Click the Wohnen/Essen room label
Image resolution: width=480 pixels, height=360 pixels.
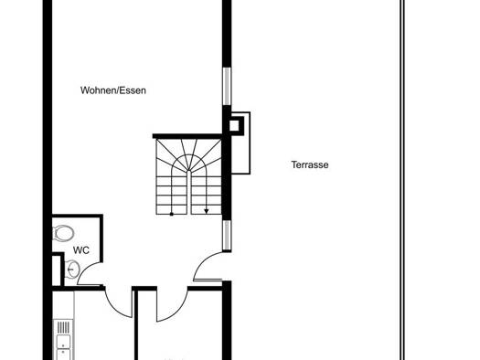(x=113, y=90)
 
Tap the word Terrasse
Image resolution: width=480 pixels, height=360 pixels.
(x=310, y=164)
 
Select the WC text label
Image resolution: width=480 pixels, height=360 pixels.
(x=81, y=250)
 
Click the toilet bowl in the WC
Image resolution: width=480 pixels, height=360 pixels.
(x=63, y=233)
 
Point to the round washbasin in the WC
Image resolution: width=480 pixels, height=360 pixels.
(x=72, y=269)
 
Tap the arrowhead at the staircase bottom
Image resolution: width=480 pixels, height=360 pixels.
(x=207, y=211)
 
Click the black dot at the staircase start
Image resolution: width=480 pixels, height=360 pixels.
(x=172, y=214)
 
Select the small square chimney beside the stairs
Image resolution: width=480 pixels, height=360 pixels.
(x=235, y=125)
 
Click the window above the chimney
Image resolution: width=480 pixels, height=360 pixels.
(x=227, y=86)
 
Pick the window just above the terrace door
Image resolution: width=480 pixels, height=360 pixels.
(x=227, y=236)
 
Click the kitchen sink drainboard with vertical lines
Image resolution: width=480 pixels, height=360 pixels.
(x=63, y=328)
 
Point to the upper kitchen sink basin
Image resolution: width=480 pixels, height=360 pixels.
(x=63, y=341)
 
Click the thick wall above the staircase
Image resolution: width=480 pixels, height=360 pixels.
(x=187, y=136)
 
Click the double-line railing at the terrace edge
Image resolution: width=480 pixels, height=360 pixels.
(x=402, y=180)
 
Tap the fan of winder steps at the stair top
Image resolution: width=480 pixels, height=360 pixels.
(x=189, y=156)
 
